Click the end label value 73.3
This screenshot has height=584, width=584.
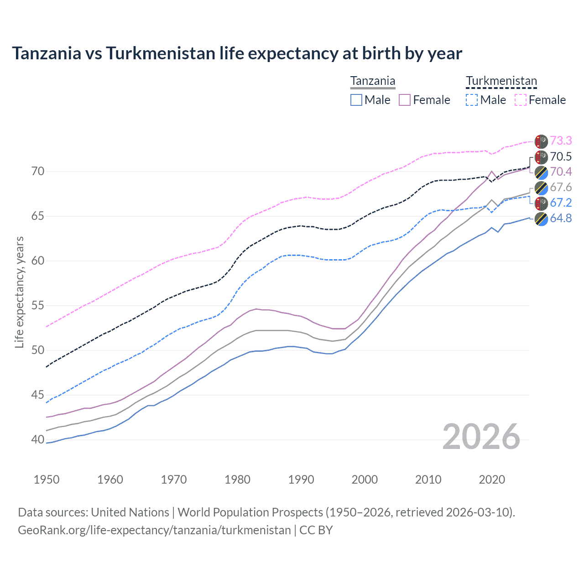click(561, 141)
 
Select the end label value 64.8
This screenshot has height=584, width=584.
click(561, 219)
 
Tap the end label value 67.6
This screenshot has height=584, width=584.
click(561, 188)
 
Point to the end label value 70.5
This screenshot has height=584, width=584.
click(561, 157)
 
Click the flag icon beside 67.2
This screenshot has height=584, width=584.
click(541, 203)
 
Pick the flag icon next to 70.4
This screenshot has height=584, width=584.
click(541, 172)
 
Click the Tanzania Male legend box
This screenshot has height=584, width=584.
click(356, 100)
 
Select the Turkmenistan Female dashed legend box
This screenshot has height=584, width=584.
click(521, 100)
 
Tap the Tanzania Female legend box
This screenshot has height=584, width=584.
click(405, 100)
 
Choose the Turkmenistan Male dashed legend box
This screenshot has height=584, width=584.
click(472, 100)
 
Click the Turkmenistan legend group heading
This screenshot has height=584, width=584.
click(501, 81)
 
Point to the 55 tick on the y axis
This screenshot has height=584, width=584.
click(38, 306)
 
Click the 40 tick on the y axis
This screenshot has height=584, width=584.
click(38, 440)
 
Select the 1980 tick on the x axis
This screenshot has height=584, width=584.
click(237, 480)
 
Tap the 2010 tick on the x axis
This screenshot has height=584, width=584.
click(428, 480)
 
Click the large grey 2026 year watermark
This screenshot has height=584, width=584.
click(481, 437)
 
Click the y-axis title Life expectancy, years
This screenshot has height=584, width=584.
click(20, 292)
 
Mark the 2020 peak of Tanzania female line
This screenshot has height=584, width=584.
click(491, 172)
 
